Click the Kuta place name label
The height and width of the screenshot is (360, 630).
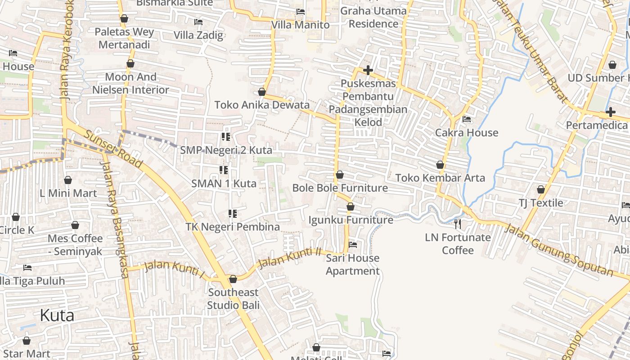[57, 315]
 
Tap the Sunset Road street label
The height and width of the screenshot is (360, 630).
[113, 149]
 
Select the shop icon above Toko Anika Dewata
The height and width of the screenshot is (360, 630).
[262, 92]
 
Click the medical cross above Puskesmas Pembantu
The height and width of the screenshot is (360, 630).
[368, 70]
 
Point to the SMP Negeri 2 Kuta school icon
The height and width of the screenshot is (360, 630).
[226, 136]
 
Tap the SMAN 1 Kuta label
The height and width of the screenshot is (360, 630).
[224, 183]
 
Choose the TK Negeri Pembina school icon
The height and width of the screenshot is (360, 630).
[233, 213]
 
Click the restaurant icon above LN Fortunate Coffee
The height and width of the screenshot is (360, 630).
[458, 224]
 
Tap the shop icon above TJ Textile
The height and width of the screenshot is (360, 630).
[541, 189]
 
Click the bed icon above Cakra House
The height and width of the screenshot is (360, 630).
[467, 119]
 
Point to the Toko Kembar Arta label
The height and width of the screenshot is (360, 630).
[440, 178]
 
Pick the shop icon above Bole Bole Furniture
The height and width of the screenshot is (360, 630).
[340, 174]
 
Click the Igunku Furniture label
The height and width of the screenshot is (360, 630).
[351, 220]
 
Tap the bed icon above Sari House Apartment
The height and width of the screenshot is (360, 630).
[353, 245]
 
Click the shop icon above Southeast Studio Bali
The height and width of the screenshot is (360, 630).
[233, 279]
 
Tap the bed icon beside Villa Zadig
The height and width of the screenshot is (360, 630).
[198, 22]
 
